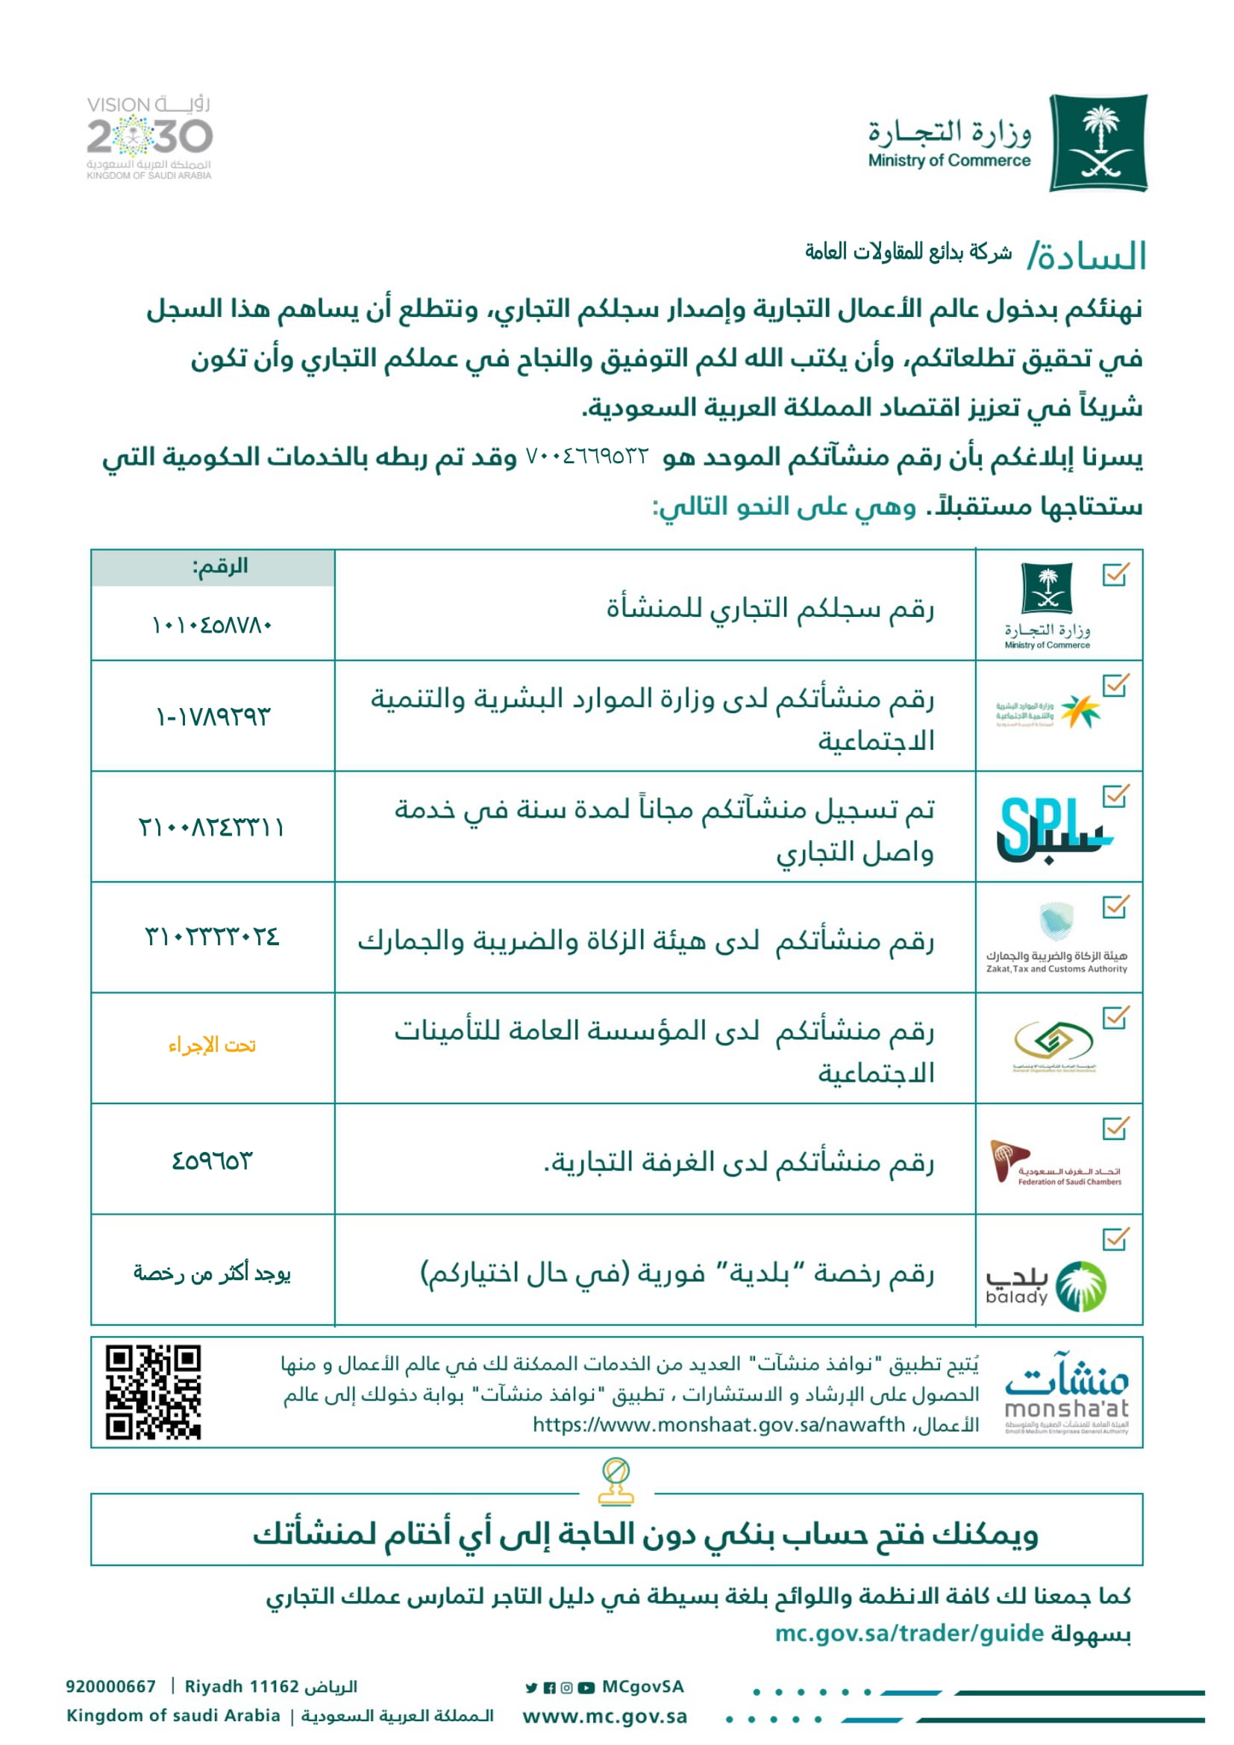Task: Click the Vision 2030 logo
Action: [149, 137]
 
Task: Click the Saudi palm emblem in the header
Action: [1098, 142]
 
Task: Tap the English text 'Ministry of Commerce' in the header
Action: [949, 161]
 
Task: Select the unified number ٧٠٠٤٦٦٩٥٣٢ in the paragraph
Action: [587, 457]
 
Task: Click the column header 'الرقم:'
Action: [219, 566]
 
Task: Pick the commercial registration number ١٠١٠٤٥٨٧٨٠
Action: [212, 625]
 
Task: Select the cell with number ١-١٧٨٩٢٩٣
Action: [213, 716]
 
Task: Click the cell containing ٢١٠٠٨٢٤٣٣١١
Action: [212, 826]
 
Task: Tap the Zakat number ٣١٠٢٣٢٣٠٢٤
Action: [212, 936]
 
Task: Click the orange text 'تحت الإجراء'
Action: [212, 1046]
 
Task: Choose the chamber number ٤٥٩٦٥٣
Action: [212, 1161]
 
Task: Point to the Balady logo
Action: [1046, 1286]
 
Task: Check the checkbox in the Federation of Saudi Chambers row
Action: [1115, 1129]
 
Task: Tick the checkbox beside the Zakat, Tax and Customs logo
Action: [1115, 906]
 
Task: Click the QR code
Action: [154, 1391]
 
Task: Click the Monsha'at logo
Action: [1066, 1393]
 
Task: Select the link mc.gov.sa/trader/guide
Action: [909, 1632]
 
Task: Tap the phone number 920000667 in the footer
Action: [111, 1687]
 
